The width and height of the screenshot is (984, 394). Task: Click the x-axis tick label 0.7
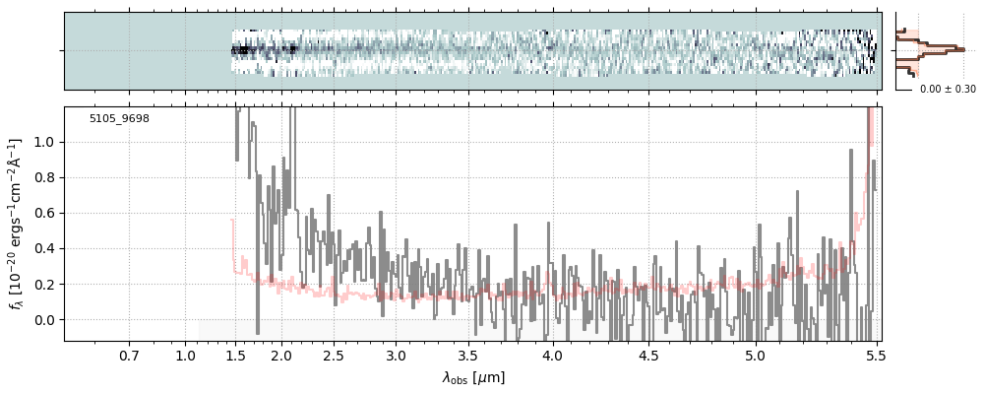pos(129,356)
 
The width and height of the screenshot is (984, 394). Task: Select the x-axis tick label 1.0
pos(186,356)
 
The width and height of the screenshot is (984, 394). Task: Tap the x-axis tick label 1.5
pos(236,356)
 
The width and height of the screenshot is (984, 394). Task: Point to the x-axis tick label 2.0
pos(281,356)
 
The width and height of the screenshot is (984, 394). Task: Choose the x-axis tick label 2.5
pos(334,356)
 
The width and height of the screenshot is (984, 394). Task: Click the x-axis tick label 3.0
pos(396,356)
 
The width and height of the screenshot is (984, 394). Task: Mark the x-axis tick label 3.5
pos(468,356)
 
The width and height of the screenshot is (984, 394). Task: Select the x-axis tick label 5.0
pos(755,356)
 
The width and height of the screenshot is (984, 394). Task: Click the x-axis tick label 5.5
pos(873,356)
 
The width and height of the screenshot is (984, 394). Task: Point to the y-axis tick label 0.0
pos(45,320)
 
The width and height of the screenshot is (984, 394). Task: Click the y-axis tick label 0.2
pos(45,285)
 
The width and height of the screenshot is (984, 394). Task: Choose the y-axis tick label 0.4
pos(45,249)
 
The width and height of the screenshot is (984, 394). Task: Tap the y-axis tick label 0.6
pos(45,214)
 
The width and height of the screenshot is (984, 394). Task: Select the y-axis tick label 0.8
pos(45,178)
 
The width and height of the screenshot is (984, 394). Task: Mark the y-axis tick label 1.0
pos(45,143)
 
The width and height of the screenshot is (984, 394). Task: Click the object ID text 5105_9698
pos(119,119)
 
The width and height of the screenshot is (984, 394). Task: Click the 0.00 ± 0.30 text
pos(948,90)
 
